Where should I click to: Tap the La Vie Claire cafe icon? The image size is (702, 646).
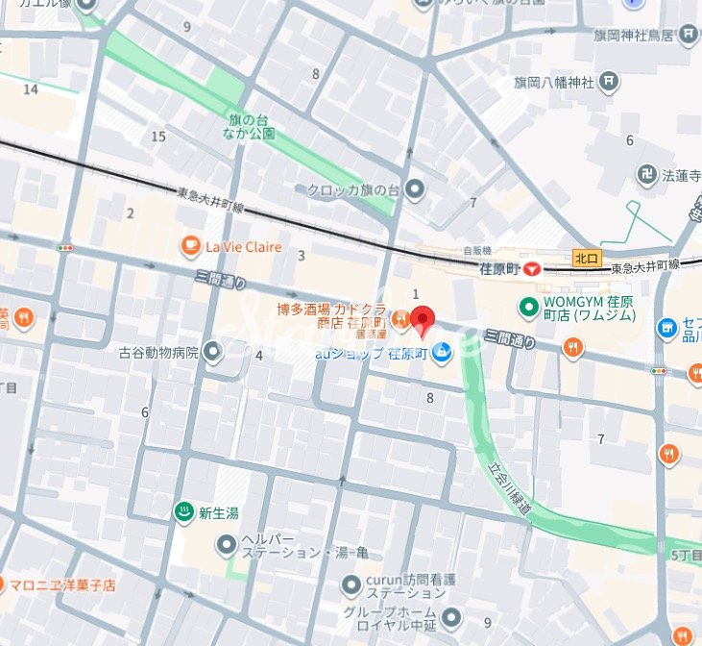[x=190, y=247]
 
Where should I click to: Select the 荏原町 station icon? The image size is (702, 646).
[x=531, y=270]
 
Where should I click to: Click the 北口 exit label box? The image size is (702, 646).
[x=586, y=258]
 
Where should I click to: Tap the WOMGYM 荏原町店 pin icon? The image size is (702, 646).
[x=527, y=308]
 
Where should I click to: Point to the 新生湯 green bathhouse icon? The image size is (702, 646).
[x=182, y=513]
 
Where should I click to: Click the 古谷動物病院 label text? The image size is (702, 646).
[x=157, y=353]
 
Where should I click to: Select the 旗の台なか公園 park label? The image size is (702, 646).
[x=252, y=127]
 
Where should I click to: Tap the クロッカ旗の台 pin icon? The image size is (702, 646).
[x=415, y=190]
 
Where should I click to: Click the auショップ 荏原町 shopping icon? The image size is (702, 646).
[x=441, y=354]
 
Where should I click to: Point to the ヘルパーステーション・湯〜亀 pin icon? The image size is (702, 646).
[x=226, y=546]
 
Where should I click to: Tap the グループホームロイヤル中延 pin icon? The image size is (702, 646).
[x=450, y=617]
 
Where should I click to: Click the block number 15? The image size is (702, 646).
[x=158, y=137]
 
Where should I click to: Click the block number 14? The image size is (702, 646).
[x=31, y=89]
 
